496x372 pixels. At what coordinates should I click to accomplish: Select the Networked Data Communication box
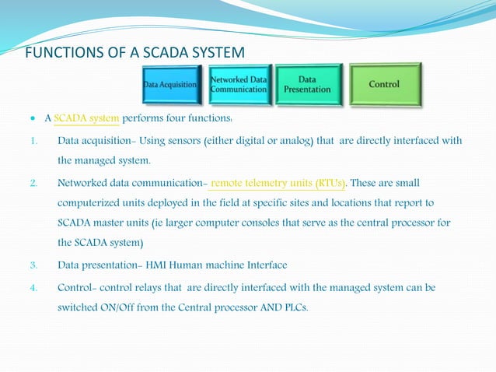pos(239,85)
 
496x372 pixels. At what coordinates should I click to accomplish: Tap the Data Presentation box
pos(308,84)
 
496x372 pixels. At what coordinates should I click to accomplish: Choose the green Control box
pos(385,84)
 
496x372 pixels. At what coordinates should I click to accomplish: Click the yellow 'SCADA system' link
pos(86,119)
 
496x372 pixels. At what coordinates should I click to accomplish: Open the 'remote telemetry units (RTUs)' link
pos(278,183)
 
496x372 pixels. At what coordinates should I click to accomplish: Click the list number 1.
pos(33,141)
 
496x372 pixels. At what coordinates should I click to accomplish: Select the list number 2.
pos(33,184)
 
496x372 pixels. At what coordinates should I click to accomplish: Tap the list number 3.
pos(33,265)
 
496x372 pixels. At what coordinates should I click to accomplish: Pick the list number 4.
pos(33,287)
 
